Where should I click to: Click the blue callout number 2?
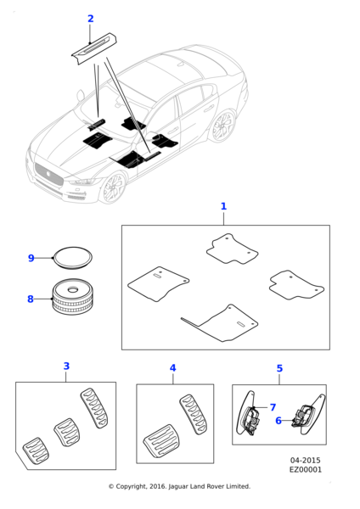tap(91, 19)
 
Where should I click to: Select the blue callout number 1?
tap(223, 206)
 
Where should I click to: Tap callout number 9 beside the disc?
tap(31, 258)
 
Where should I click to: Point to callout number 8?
tap(31, 299)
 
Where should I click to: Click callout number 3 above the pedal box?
tap(66, 366)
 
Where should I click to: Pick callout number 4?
tap(173, 368)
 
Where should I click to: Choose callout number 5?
tap(279, 368)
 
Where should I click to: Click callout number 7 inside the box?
tap(273, 407)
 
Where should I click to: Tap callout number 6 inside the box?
tap(278, 421)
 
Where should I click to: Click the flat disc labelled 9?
tap(73, 258)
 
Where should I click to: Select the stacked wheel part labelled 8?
tap(72, 296)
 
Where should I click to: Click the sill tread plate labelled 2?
tap(94, 48)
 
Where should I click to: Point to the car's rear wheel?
tap(223, 126)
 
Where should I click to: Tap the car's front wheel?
tap(114, 187)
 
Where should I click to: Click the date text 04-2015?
tap(305, 461)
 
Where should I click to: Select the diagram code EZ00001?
tap(306, 470)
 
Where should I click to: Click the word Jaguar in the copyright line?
tap(178, 487)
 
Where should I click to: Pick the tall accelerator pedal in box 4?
tap(193, 414)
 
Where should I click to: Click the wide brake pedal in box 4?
tap(161, 441)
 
